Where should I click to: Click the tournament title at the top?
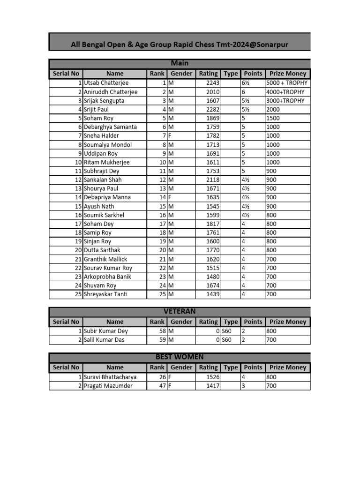tap(180, 45)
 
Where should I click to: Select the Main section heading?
tap(180, 63)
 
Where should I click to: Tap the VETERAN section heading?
tap(180, 311)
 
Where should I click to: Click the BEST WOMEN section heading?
tap(180, 357)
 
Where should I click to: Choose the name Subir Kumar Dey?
tap(105, 331)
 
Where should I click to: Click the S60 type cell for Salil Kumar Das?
tap(227, 340)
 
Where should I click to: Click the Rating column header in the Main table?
tap(208, 74)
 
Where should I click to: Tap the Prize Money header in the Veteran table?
tap(288, 322)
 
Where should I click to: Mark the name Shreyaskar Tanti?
tap(105, 294)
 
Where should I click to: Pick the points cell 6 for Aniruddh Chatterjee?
tap(244, 92)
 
